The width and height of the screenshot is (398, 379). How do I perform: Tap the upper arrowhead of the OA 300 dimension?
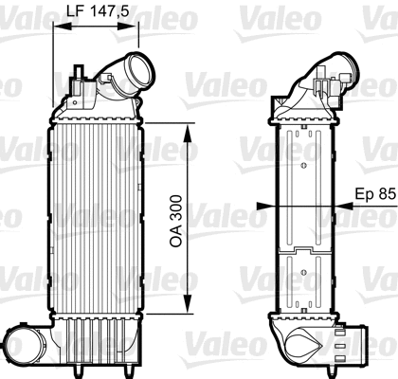pos(190,126)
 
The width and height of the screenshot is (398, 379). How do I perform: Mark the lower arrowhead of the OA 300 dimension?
pos(190,310)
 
